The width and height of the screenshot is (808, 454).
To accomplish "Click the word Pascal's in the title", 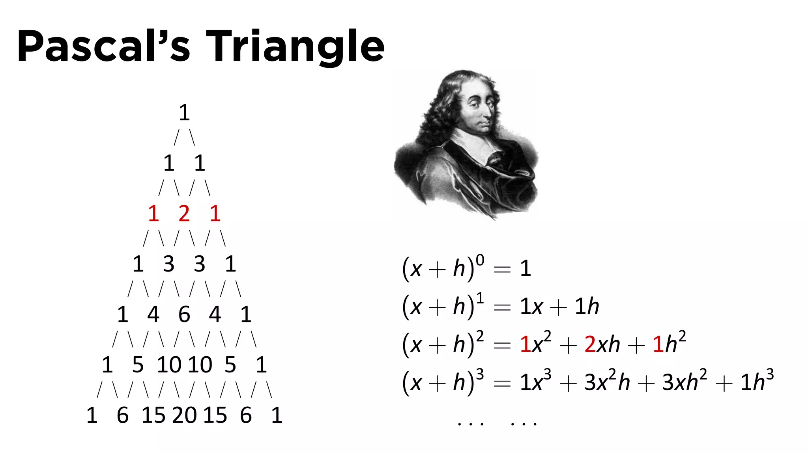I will (104, 47).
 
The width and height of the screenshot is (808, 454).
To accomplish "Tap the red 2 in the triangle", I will (184, 214).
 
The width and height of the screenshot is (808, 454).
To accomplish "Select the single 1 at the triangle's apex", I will (184, 113).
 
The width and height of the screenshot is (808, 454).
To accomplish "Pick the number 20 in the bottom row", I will (184, 415).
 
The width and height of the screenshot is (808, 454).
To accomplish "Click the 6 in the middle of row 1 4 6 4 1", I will (184, 314).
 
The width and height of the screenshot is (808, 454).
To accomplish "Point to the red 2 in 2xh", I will (590, 344).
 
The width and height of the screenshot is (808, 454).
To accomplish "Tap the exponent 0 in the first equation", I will (480, 260).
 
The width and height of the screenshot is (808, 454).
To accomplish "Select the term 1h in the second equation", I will (587, 307).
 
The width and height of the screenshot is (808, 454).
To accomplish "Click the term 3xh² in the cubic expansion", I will (684, 381).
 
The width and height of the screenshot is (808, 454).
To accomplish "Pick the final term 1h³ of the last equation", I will (757, 381).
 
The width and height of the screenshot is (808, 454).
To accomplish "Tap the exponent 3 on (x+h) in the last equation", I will (480, 374).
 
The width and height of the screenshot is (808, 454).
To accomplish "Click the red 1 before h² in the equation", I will (658, 344).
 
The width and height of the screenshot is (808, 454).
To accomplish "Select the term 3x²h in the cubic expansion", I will (607, 381).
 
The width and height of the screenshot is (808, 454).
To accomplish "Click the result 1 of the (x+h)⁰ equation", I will (525, 269).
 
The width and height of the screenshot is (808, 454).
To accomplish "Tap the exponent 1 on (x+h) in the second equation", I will (480, 298).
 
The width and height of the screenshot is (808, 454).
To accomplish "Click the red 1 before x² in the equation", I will (525, 344).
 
